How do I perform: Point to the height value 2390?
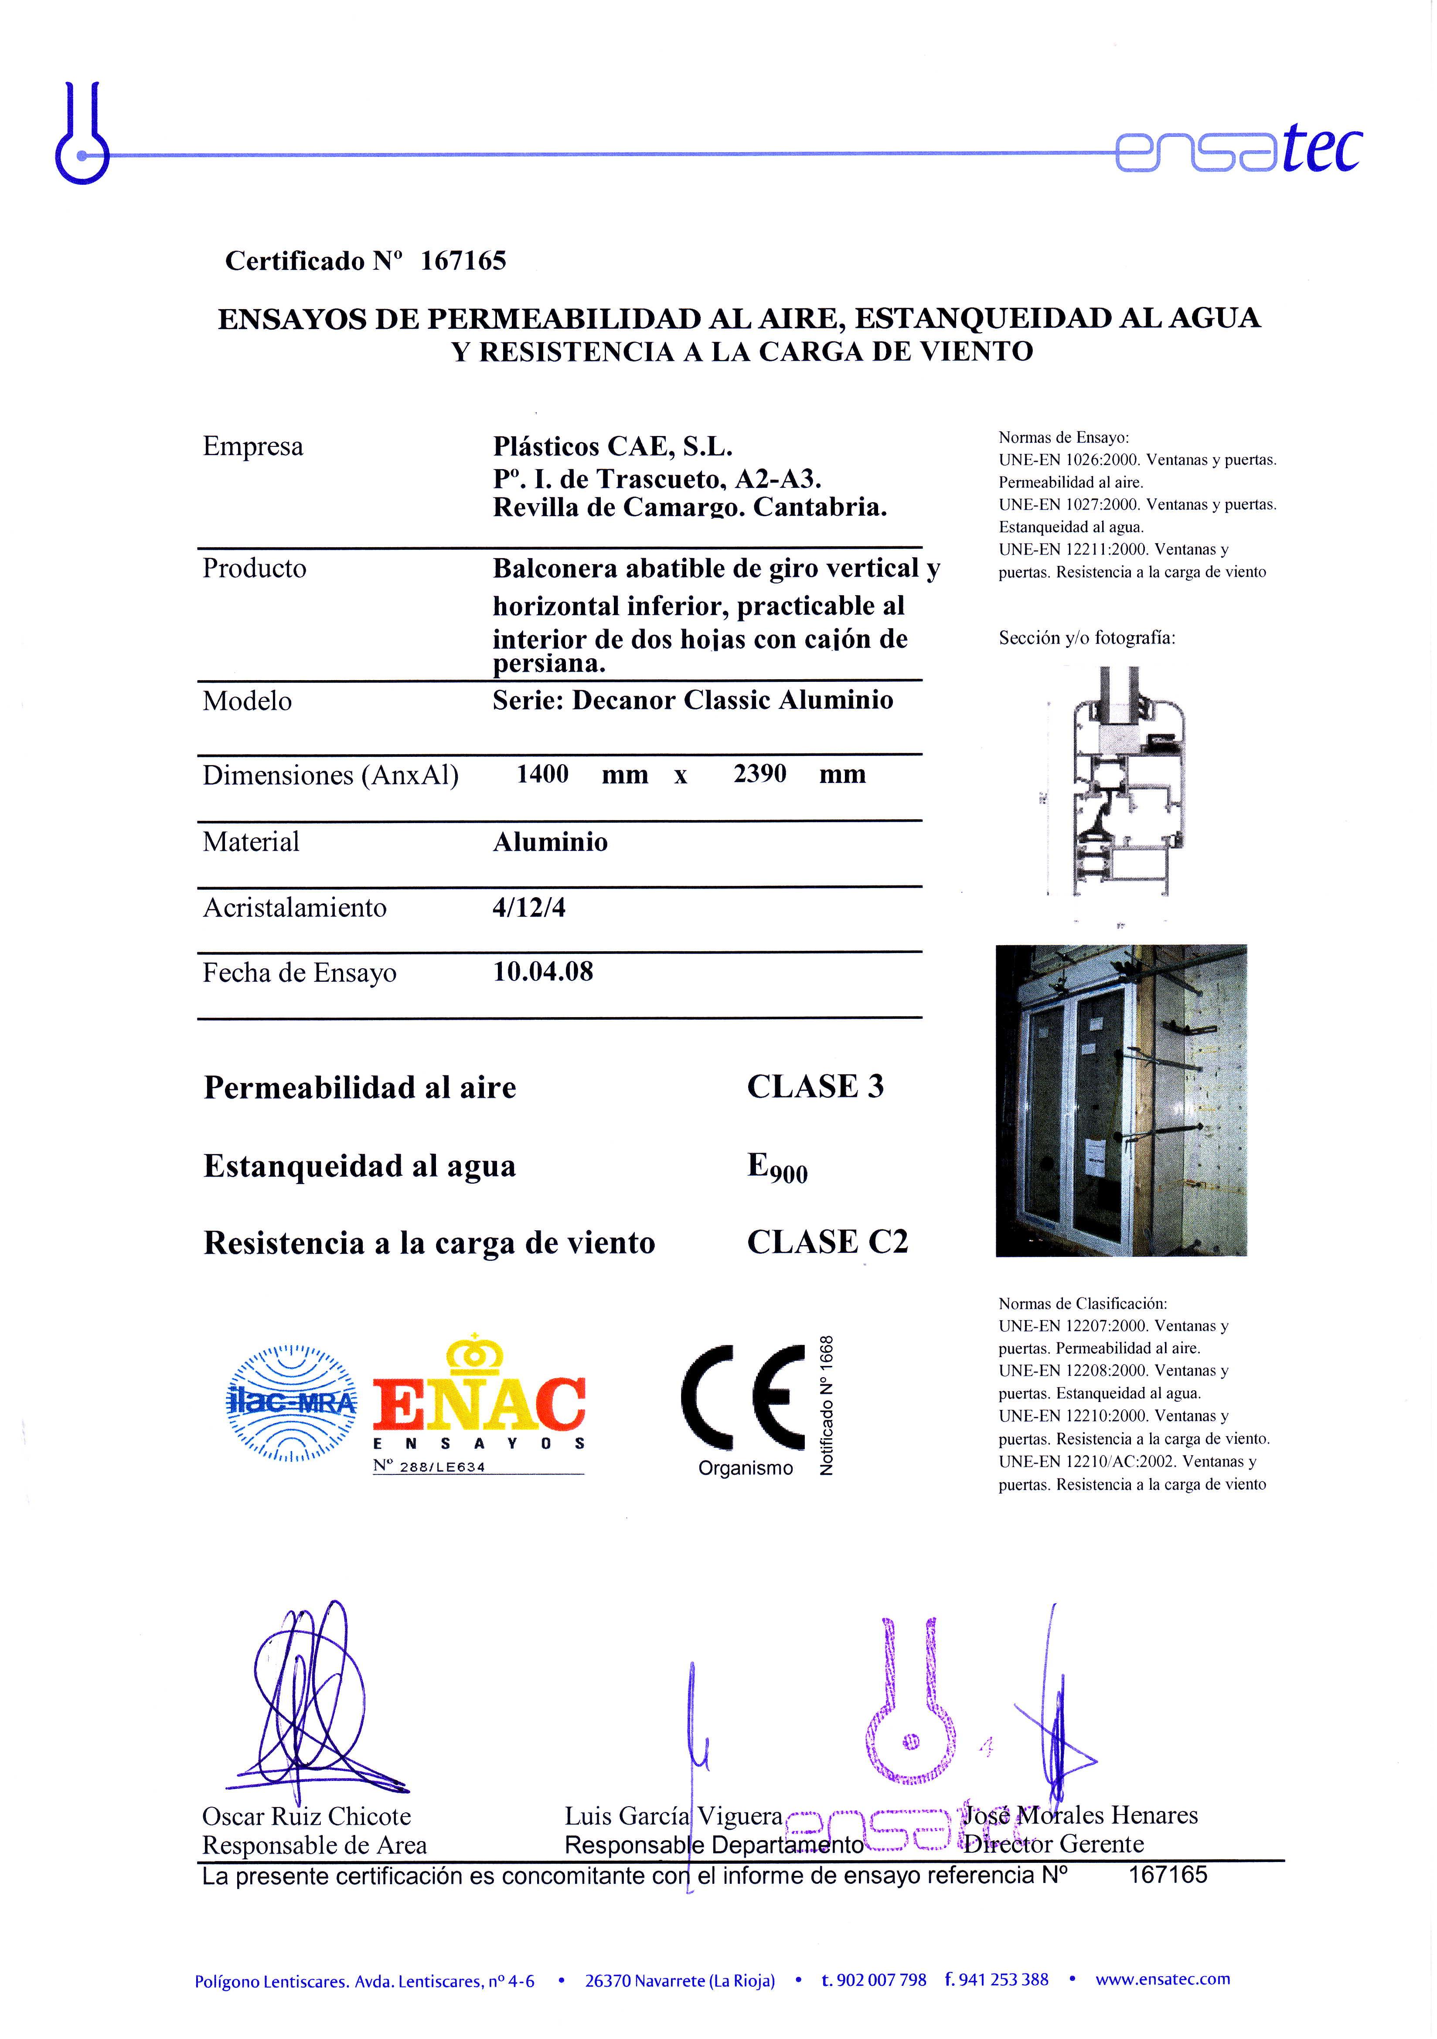(759, 774)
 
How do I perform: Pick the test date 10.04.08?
(543, 972)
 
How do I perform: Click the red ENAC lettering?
(479, 1403)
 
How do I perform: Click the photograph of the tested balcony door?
(1121, 1100)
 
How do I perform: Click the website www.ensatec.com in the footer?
(1163, 1980)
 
